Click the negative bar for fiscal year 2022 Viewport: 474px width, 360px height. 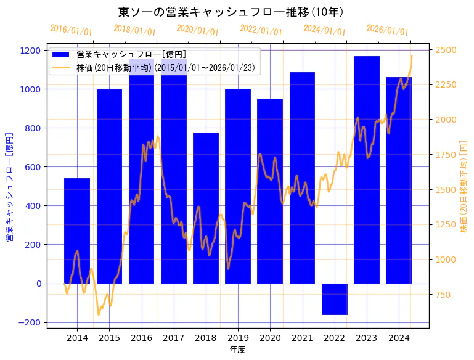coord(334,299)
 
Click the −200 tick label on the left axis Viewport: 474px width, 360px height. coord(30,322)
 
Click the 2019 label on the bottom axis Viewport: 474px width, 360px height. coord(238,338)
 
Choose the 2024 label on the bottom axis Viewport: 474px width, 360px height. coord(399,338)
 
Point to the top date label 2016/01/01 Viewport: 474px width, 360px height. coord(71,30)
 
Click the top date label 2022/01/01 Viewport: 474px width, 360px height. coord(261,30)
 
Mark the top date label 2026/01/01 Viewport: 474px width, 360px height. coord(387,30)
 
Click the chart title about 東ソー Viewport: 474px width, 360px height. coord(231,12)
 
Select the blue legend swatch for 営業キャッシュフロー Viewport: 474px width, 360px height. coord(62,55)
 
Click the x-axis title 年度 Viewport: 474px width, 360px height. coord(237,350)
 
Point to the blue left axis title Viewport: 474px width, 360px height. coord(9,187)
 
